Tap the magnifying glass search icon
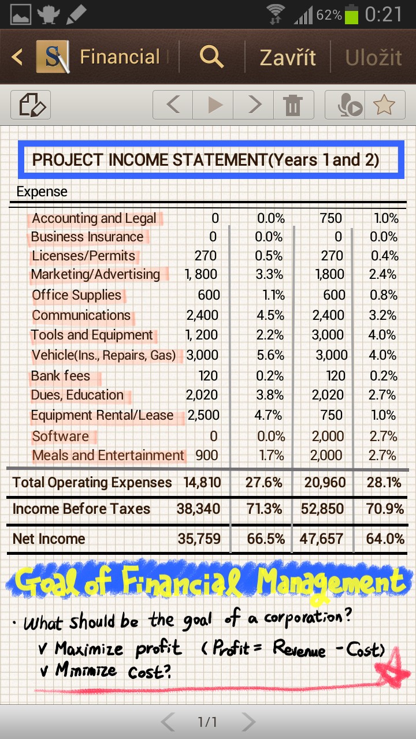click(x=211, y=57)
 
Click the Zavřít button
click(x=288, y=57)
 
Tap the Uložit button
click(x=373, y=58)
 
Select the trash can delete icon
click(x=293, y=105)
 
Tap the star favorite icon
click(x=384, y=105)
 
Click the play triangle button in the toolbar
click(x=216, y=105)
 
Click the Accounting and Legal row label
click(x=94, y=218)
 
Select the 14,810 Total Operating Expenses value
click(x=202, y=482)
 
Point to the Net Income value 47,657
click(x=321, y=539)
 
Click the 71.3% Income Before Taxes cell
click(x=264, y=509)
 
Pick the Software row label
click(x=61, y=436)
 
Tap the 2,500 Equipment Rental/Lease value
click(x=203, y=415)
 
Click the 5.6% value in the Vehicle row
click(x=270, y=355)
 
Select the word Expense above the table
click(x=42, y=191)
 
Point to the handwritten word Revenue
click(x=299, y=648)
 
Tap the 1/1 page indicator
click(x=207, y=722)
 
